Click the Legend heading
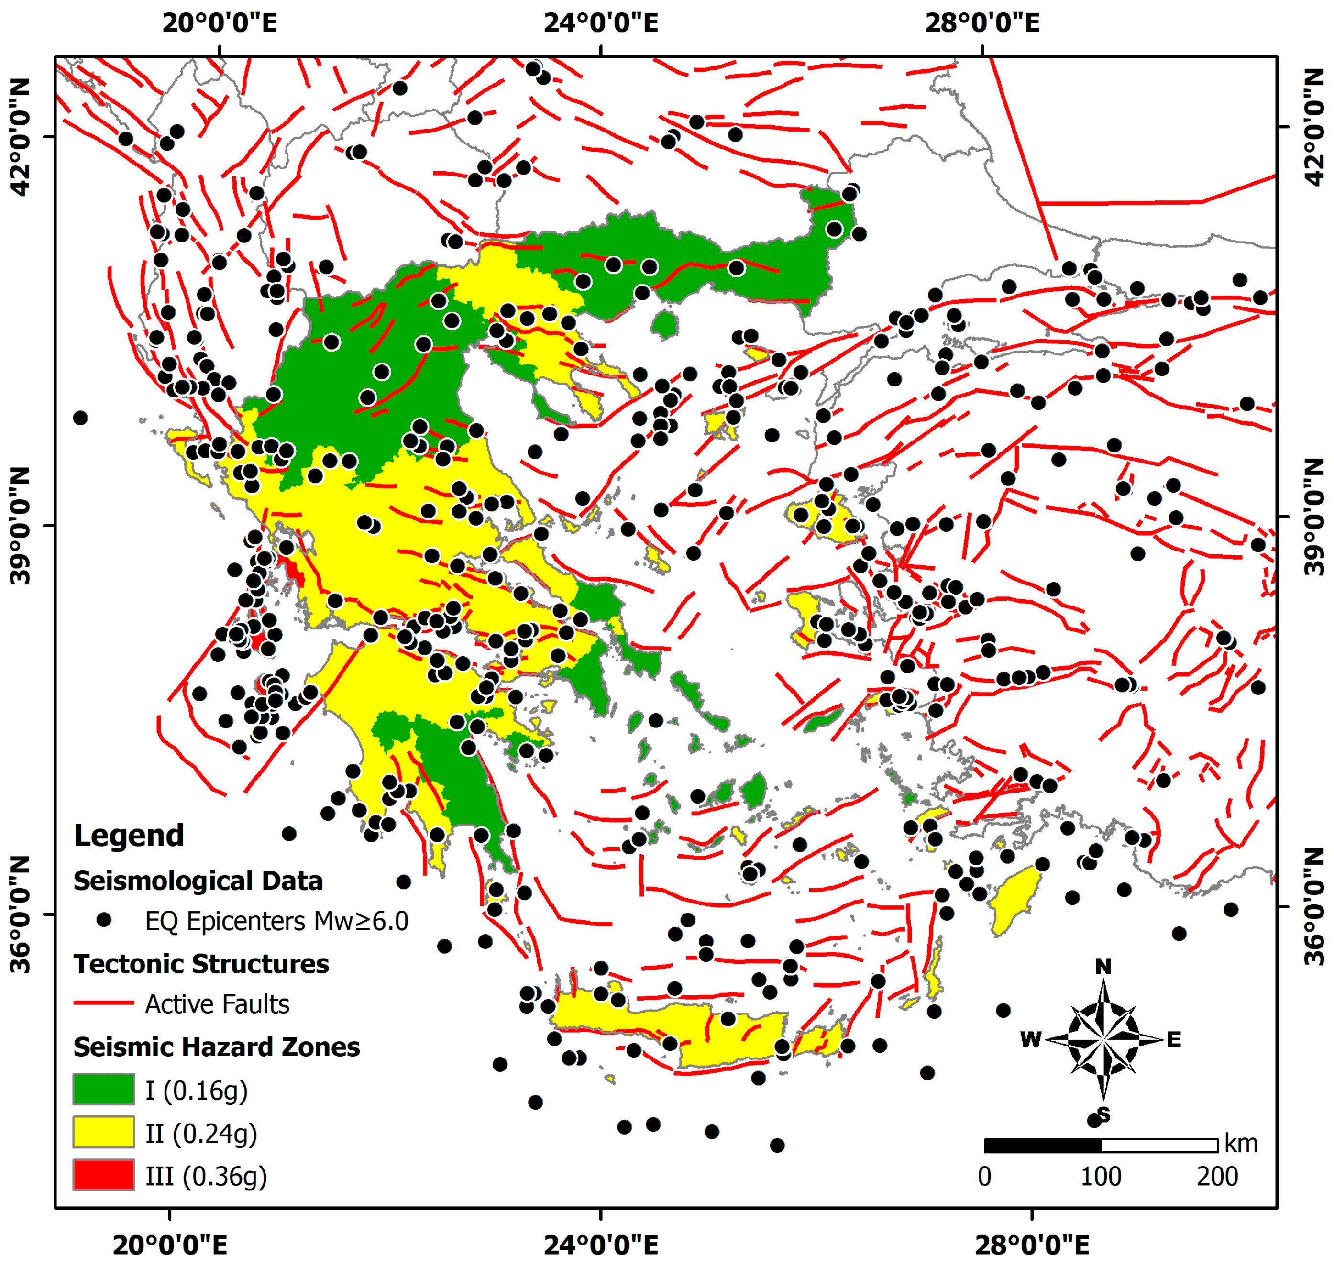pyautogui.click(x=128, y=836)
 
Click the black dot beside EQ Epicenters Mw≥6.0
pyautogui.click(x=103, y=920)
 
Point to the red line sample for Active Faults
pyautogui.click(x=103, y=1003)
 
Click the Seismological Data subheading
pyautogui.click(x=198, y=881)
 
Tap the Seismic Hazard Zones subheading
pyautogui.click(x=216, y=1047)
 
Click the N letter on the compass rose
pyautogui.click(x=1102, y=967)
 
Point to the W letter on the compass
pyautogui.click(x=1031, y=1039)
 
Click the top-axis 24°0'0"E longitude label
pyautogui.click(x=600, y=23)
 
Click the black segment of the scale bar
pyautogui.click(x=1042, y=1145)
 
